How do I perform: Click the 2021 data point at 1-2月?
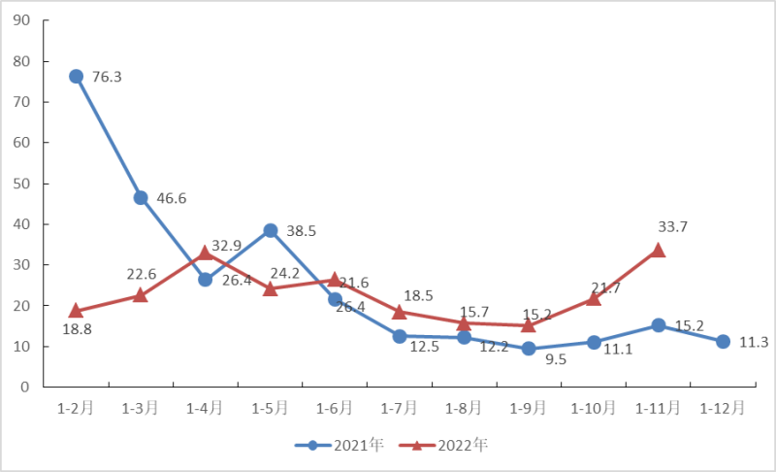pos(76,76)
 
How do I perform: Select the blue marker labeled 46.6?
pos(141,197)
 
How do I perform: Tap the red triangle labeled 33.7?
pos(658,250)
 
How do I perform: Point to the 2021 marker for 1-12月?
pos(723,341)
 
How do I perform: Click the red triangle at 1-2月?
pos(76,311)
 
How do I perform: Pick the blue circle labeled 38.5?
pos(271,230)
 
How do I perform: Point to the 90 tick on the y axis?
pos(23,20)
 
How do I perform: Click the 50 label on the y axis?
pos(23,184)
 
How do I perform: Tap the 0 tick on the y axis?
pos(27,387)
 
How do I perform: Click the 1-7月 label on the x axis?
pos(400,409)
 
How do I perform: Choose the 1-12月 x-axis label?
pos(723,409)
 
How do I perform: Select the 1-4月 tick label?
pos(206,409)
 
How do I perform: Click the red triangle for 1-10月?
pos(593,298)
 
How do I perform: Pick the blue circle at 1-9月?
pos(529,348)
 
